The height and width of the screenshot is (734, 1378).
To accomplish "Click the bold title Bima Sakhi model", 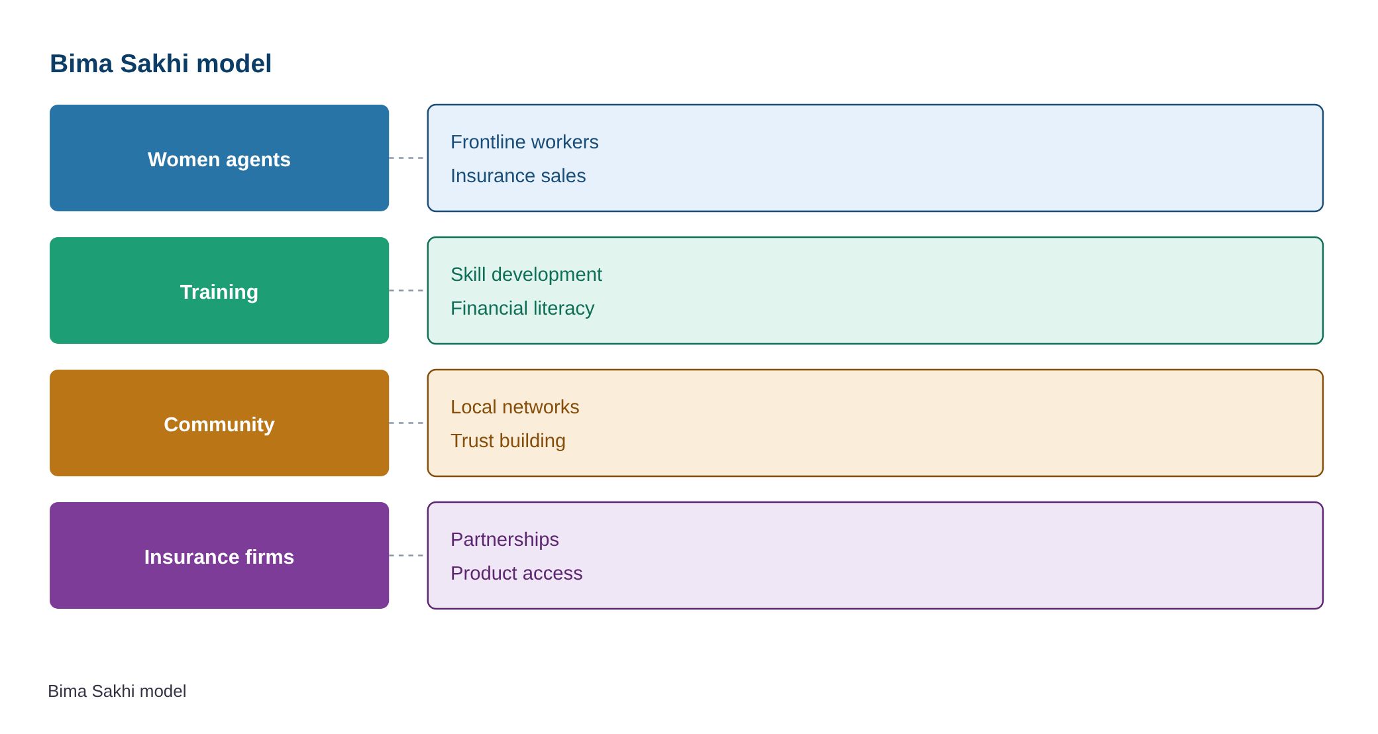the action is (160, 64).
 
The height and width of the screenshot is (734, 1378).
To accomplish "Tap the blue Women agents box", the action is (219, 158).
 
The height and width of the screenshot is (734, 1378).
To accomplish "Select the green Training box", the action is (219, 290).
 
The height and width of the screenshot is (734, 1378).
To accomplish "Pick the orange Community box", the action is (219, 423).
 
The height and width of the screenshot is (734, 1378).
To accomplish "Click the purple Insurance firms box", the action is (219, 555).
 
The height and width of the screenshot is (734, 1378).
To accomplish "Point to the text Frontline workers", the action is (524, 142).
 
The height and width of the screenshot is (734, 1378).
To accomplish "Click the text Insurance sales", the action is (518, 176).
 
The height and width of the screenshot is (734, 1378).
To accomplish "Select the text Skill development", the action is (526, 274).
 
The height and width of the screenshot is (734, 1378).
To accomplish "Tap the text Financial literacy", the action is (522, 308).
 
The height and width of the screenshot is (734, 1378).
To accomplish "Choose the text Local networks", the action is (515, 407).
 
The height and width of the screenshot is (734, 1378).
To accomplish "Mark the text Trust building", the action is (508, 441).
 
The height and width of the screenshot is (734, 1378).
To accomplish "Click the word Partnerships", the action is (505, 539).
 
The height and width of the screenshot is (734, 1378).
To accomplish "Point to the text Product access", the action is (517, 573).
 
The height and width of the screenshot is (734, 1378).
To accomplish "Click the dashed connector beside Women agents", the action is (407, 158).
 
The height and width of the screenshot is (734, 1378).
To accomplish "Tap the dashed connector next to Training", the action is (407, 290).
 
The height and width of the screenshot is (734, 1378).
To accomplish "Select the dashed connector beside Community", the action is (407, 423).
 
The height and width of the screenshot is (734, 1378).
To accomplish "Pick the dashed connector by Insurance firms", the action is (407, 555).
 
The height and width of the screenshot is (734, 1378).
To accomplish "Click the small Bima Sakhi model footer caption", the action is (117, 691).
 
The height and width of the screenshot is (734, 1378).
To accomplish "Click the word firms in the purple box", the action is (268, 556).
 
